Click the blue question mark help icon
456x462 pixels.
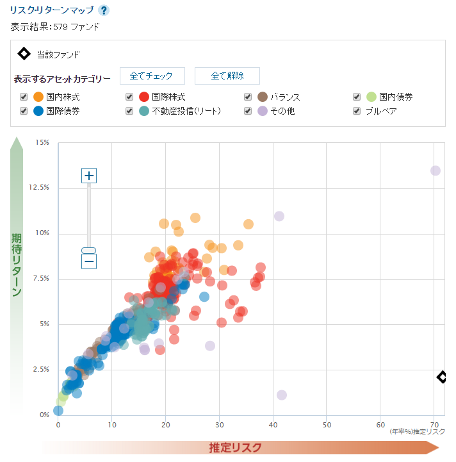point(104,10)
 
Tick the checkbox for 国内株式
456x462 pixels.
point(24,97)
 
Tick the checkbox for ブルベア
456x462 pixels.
point(357,111)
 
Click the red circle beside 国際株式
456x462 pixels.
point(144,97)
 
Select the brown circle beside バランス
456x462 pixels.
point(262,97)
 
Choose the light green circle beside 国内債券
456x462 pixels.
point(371,97)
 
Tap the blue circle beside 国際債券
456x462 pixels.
point(38,111)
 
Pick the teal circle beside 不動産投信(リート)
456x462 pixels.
point(144,111)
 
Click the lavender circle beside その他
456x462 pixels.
point(262,111)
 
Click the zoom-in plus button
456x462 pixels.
point(89,176)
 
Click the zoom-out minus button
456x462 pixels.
point(89,261)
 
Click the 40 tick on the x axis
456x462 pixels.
point(273,425)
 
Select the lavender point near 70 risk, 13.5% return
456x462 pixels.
point(436,170)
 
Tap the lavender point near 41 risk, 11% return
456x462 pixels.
point(279,216)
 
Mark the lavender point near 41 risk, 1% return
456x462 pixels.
point(282,395)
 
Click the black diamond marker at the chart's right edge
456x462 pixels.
point(441,377)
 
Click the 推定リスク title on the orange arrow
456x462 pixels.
point(235,447)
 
